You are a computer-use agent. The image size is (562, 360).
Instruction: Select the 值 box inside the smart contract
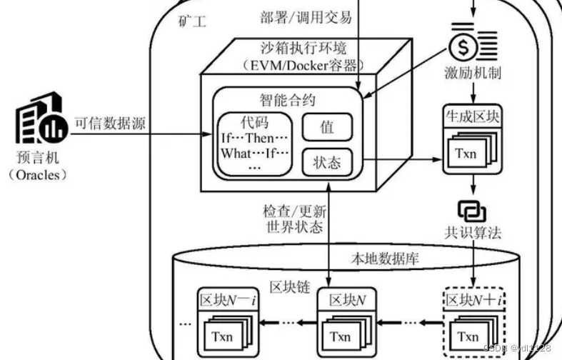[327, 127]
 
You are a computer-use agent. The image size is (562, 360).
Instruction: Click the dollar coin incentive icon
[471, 45]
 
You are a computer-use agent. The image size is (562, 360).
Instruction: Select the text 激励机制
[471, 74]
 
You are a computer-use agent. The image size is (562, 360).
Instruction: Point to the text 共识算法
[471, 233]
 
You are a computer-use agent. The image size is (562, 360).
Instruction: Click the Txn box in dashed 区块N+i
[468, 336]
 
